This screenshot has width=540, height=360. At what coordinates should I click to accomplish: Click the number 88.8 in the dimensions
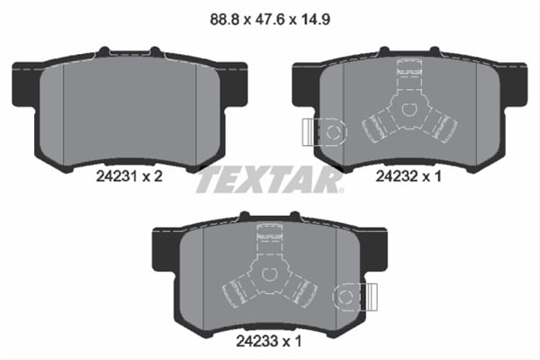tap(220, 16)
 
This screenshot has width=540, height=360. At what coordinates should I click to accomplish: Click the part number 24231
tap(115, 178)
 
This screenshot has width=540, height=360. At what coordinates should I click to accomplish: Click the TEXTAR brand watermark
tap(270, 181)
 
